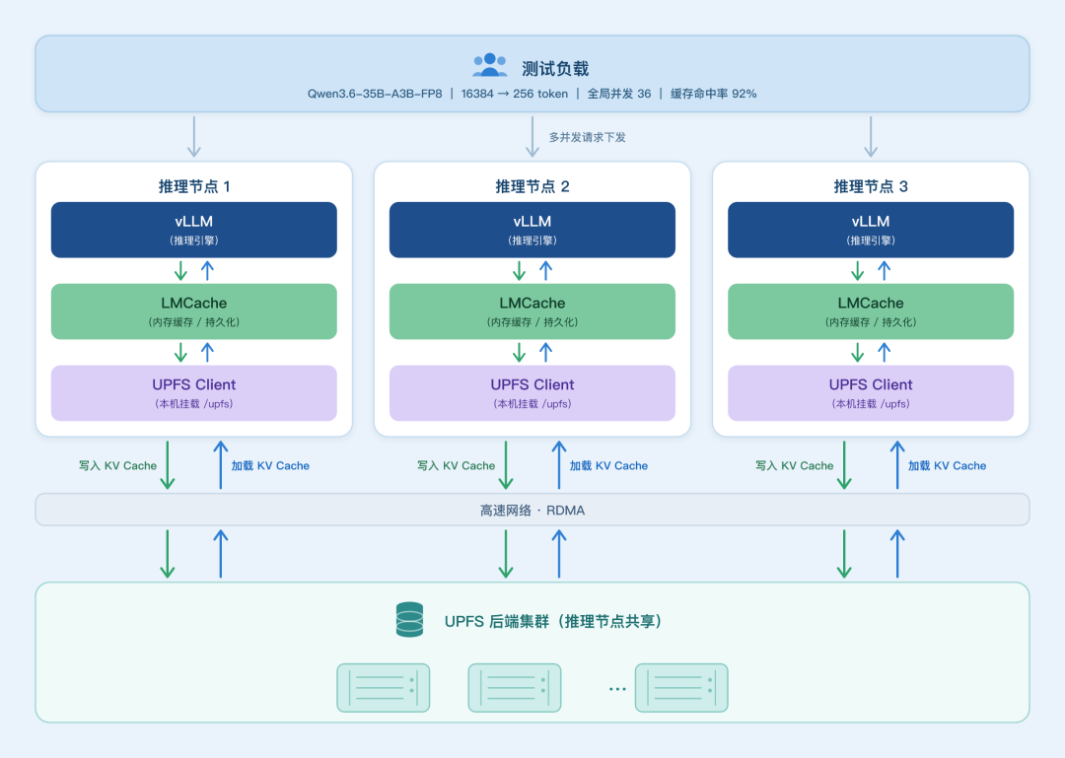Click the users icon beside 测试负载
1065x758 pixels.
tap(490, 65)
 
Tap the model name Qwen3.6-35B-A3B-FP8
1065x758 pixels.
tap(375, 94)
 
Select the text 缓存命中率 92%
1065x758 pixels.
tap(713, 94)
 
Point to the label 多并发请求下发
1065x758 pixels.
tap(587, 137)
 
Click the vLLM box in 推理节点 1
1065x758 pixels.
tap(194, 230)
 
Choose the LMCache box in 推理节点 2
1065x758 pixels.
tap(532, 311)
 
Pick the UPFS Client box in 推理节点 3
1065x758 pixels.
tap(871, 393)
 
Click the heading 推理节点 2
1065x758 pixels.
tap(532, 186)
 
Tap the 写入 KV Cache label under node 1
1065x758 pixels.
tap(117, 466)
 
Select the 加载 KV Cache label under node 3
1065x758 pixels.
tap(947, 466)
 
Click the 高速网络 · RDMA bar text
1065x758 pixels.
tap(532, 510)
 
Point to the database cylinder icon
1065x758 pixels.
tap(409, 619)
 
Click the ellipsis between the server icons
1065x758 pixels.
tap(617, 689)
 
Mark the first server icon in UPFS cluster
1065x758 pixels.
tap(383, 688)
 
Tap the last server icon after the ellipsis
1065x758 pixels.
tap(681, 688)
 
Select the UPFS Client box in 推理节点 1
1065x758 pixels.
tap(194, 393)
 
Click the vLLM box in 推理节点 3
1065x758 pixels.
tap(871, 230)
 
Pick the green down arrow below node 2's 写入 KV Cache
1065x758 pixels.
tap(506, 465)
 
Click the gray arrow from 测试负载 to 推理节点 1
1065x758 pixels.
tap(194, 137)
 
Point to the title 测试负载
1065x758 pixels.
tap(555, 69)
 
